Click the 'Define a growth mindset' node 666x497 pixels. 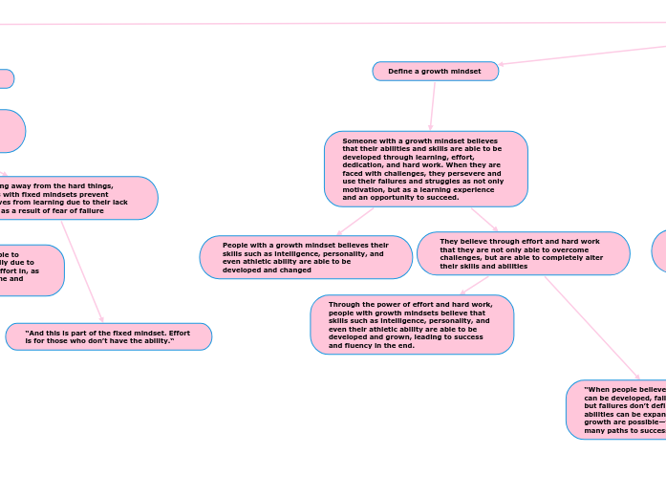click(x=435, y=72)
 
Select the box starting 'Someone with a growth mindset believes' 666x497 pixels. click(x=425, y=169)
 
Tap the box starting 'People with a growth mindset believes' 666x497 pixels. click(x=306, y=257)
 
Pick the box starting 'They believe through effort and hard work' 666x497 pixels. click(x=523, y=253)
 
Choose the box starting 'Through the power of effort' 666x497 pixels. click(x=412, y=325)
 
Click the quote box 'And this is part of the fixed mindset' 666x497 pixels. click(x=108, y=336)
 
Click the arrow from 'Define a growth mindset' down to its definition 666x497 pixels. click(x=433, y=106)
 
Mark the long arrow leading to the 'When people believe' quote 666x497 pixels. click(x=592, y=328)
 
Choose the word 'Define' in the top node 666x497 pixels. click(x=399, y=72)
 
